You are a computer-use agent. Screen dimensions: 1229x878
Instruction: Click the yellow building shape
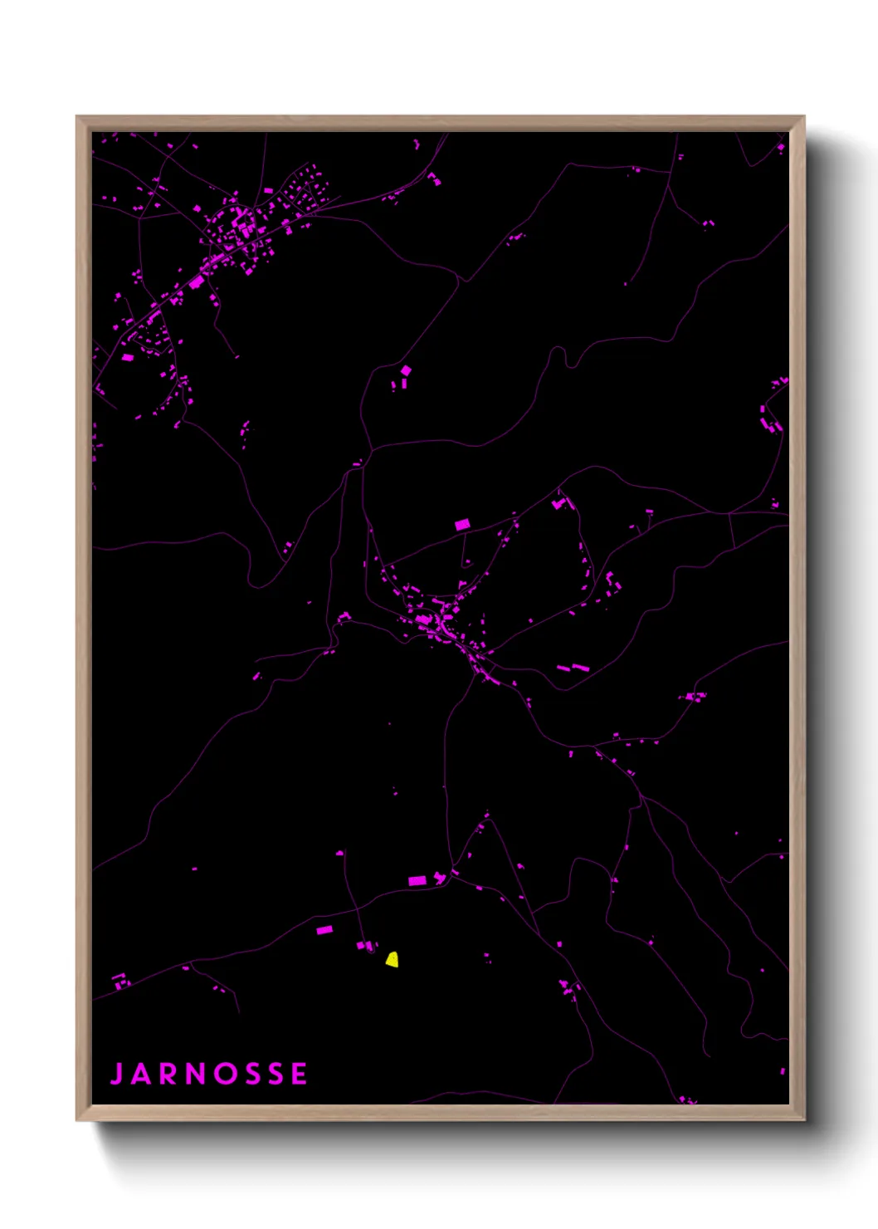392,960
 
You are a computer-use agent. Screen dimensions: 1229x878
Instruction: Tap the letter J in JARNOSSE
117,1074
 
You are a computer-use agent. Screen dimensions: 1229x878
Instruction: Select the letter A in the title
140,1074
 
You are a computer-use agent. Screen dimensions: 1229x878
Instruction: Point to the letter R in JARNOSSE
168,1074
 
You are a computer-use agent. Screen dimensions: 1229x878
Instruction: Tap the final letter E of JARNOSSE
300,1074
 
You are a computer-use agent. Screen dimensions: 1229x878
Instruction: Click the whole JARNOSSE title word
208,1074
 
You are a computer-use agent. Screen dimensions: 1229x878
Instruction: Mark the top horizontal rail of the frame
440,124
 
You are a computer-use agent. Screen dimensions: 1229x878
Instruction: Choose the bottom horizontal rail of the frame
440,1113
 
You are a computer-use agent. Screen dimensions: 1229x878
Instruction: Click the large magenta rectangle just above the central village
462,525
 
